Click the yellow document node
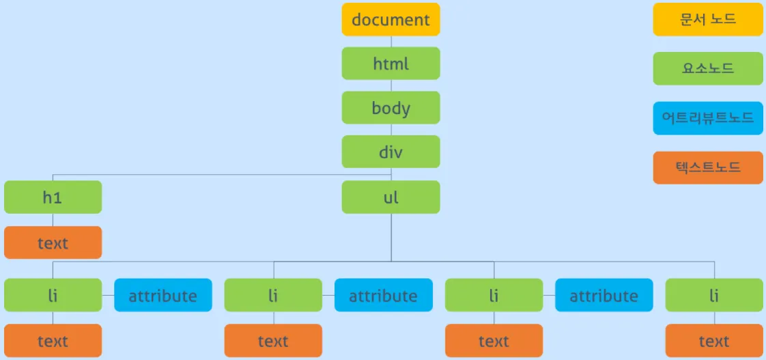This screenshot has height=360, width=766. pos(391,19)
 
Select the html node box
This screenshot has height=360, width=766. pos(391,64)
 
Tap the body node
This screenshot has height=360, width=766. pos(391,108)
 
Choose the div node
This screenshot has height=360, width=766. pos(391,152)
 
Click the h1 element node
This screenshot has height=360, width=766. pos(53,197)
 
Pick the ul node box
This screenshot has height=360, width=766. pos(391,197)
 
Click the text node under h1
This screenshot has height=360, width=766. pos(53,243)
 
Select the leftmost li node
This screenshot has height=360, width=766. pos(53,295)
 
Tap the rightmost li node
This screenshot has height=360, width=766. pos(714,295)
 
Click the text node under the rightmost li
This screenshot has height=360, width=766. pos(714,341)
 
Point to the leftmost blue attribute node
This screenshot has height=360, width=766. pos(162,295)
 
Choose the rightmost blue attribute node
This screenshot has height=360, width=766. pos(604,295)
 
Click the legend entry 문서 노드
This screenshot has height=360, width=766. pos(708,19)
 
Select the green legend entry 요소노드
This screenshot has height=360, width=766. pos(708,68)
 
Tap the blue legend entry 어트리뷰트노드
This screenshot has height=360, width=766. pos(708,118)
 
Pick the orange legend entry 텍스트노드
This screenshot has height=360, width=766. pos(708,167)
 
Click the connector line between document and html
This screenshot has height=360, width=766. pos(391,41)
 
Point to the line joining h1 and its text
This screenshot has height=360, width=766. pos(53,220)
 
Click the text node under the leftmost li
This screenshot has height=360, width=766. pos(53,341)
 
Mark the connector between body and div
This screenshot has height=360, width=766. pos(391,130)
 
